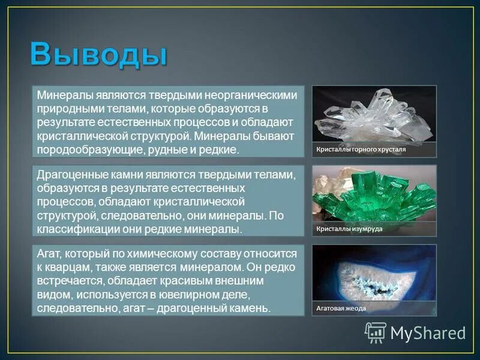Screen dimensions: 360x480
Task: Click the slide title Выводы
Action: (98, 55)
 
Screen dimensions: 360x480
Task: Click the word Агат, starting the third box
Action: (50, 254)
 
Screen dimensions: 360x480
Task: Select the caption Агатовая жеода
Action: (341, 308)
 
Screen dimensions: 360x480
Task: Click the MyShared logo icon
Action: (376, 332)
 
